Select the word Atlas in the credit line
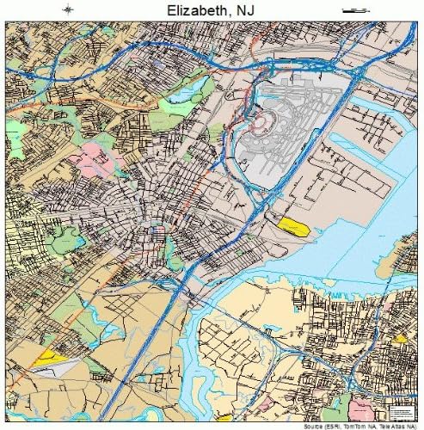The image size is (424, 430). (x=402, y=426)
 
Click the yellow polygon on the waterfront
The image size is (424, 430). (x=293, y=226)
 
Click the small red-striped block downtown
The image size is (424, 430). (x=157, y=230)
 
